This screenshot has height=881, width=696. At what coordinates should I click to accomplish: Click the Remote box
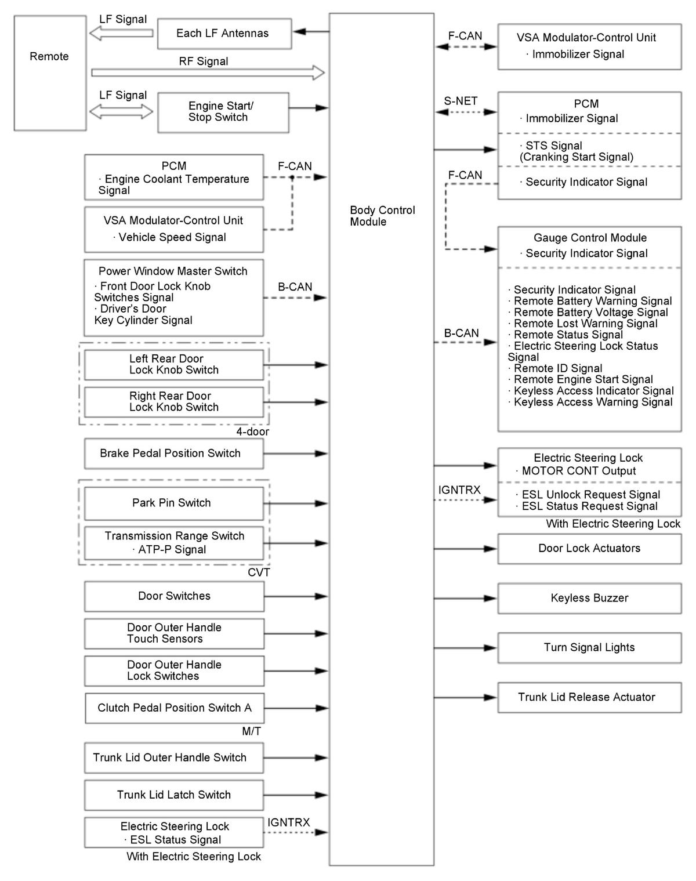tap(50, 73)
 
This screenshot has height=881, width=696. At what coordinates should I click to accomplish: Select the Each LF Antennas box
tap(224, 34)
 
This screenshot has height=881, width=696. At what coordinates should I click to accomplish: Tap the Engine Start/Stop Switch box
tap(223, 112)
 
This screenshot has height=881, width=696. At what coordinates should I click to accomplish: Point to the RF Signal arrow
tap(207, 72)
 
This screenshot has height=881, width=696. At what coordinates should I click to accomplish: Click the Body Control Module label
tap(382, 216)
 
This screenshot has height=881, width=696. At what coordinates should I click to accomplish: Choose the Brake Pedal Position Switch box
tap(173, 454)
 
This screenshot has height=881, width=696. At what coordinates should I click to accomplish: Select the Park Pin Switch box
tap(173, 503)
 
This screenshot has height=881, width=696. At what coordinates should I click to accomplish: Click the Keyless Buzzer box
tap(589, 598)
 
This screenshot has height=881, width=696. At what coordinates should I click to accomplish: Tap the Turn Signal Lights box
tap(589, 648)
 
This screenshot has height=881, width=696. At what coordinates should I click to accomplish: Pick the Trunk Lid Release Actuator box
tap(589, 697)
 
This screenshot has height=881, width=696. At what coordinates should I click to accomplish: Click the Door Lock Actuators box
tap(589, 549)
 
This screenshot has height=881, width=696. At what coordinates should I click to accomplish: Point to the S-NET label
tap(461, 101)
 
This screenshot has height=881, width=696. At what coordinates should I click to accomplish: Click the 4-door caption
tap(252, 432)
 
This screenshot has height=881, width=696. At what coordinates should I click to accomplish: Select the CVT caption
tap(259, 573)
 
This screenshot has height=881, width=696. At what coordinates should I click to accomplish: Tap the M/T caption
tap(251, 732)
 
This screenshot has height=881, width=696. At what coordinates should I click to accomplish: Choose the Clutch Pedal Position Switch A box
tap(174, 708)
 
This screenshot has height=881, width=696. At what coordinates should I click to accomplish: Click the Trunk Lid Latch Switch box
tap(173, 795)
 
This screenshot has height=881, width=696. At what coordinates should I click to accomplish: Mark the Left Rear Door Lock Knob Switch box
tap(173, 365)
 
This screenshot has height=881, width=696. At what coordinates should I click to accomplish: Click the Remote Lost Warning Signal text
tap(585, 324)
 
